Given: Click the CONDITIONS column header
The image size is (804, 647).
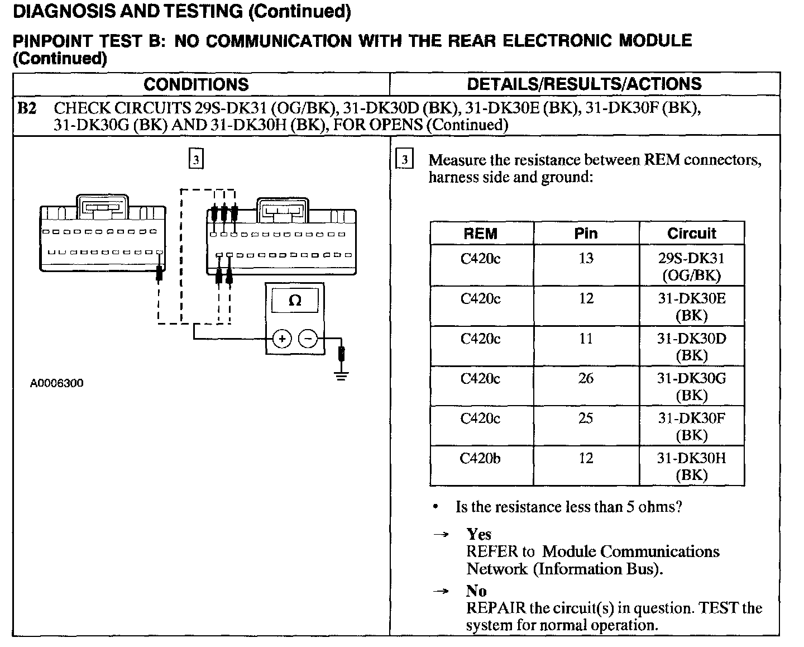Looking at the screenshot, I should [196, 84].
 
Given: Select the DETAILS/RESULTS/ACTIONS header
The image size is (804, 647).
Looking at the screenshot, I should [584, 84].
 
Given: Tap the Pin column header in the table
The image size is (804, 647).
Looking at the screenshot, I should [586, 234].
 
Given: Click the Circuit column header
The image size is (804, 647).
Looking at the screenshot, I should [691, 234].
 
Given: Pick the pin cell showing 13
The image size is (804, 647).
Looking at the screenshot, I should [586, 259].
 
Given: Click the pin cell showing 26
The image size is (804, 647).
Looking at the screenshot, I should [586, 379].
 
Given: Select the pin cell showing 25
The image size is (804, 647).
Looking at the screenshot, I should [586, 418].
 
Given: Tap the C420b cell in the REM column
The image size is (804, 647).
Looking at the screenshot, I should [480, 459].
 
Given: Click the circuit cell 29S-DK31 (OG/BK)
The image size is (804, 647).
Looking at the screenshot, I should [691, 267].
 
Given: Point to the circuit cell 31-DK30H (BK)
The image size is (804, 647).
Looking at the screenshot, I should [691, 467].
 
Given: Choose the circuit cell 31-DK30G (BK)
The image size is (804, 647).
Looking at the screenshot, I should [691, 387].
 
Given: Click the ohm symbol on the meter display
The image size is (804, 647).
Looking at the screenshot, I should [295, 301].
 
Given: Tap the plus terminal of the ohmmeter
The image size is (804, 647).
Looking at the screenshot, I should [283, 339].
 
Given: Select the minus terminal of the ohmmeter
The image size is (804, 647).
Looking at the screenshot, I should [308, 339].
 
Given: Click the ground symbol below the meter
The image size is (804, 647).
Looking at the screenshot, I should [342, 375].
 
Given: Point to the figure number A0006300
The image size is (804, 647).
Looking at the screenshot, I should [57, 383].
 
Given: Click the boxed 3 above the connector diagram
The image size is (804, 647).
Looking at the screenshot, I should [195, 160].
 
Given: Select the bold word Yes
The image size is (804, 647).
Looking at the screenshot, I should [478, 535].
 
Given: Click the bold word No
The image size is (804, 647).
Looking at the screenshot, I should [476, 591].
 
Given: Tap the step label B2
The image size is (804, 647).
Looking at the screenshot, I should [27, 108].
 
